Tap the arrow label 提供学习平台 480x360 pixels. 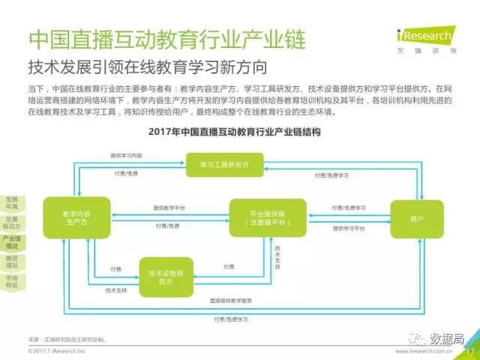pyautogui.click(x=349, y=227)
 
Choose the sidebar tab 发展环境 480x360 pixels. pyautogui.click(x=11, y=203)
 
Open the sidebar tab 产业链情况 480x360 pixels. pyautogui.click(x=11, y=241)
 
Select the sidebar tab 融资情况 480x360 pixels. pyautogui.click(x=11, y=261)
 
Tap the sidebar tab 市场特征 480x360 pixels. pyautogui.click(x=11, y=281)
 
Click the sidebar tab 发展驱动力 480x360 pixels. pyautogui.click(x=11, y=223)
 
